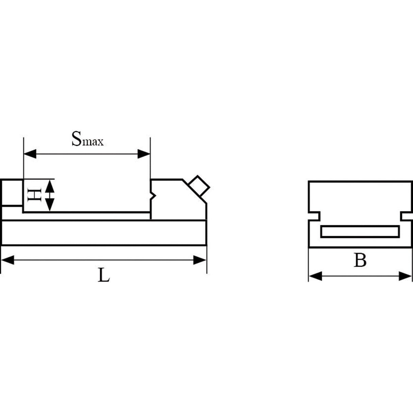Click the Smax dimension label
[x=87, y=139]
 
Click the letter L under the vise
[x=104, y=275]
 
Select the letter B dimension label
[x=360, y=260]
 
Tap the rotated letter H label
[x=35, y=195]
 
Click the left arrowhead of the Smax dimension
[x=30, y=154]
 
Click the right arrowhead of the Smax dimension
[x=144, y=154]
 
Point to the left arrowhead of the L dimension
[x=7, y=260]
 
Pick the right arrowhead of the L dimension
[x=200, y=260]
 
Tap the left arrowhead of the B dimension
[x=315, y=276]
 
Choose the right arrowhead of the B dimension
[x=405, y=276]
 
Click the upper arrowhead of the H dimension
[x=50, y=186]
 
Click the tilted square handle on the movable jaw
[x=199, y=186]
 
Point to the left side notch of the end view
[x=314, y=216]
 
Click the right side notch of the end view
[x=407, y=216]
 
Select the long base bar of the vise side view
[x=104, y=233]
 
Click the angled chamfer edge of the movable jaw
[x=194, y=191]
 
